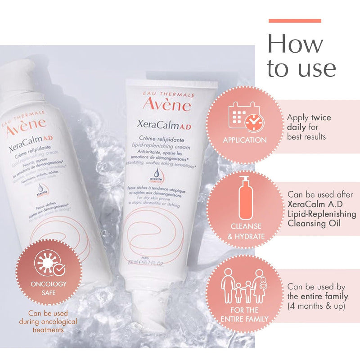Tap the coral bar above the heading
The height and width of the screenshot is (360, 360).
295,21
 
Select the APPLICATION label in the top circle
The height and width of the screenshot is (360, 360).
245,140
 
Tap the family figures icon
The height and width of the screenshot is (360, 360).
245,287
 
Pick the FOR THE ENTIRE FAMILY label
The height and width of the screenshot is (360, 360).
245,315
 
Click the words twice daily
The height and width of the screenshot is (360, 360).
315,122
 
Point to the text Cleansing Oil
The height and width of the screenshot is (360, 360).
315,224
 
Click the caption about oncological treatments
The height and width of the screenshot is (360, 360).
48,321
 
